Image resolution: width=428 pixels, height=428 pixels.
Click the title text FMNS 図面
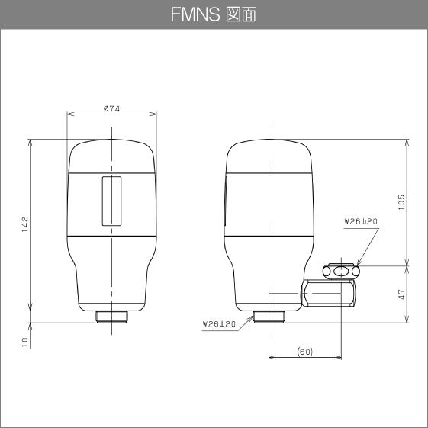pyautogui.click(x=214, y=14)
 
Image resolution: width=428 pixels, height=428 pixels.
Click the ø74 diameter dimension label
pyautogui.click(x=112, y=109)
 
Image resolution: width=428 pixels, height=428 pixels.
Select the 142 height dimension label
pyautogui.click(x=25, y=224)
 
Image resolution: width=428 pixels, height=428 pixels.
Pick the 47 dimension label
pyautogui.click(x=401, y=294)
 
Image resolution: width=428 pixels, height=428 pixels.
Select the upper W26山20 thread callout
pyautogui.click(x=361, y=221)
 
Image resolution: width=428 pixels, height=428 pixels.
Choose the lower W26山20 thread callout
pyautogui.click(x=220, y=323)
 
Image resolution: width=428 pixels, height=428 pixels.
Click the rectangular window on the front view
pyautogui.click(x=112, y=201)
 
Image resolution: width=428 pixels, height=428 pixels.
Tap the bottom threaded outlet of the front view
pyautogui.click(x=112, y=315)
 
